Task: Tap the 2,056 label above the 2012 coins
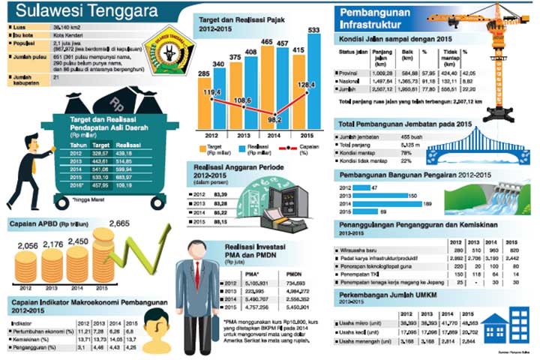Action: (x=26, y=246)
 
